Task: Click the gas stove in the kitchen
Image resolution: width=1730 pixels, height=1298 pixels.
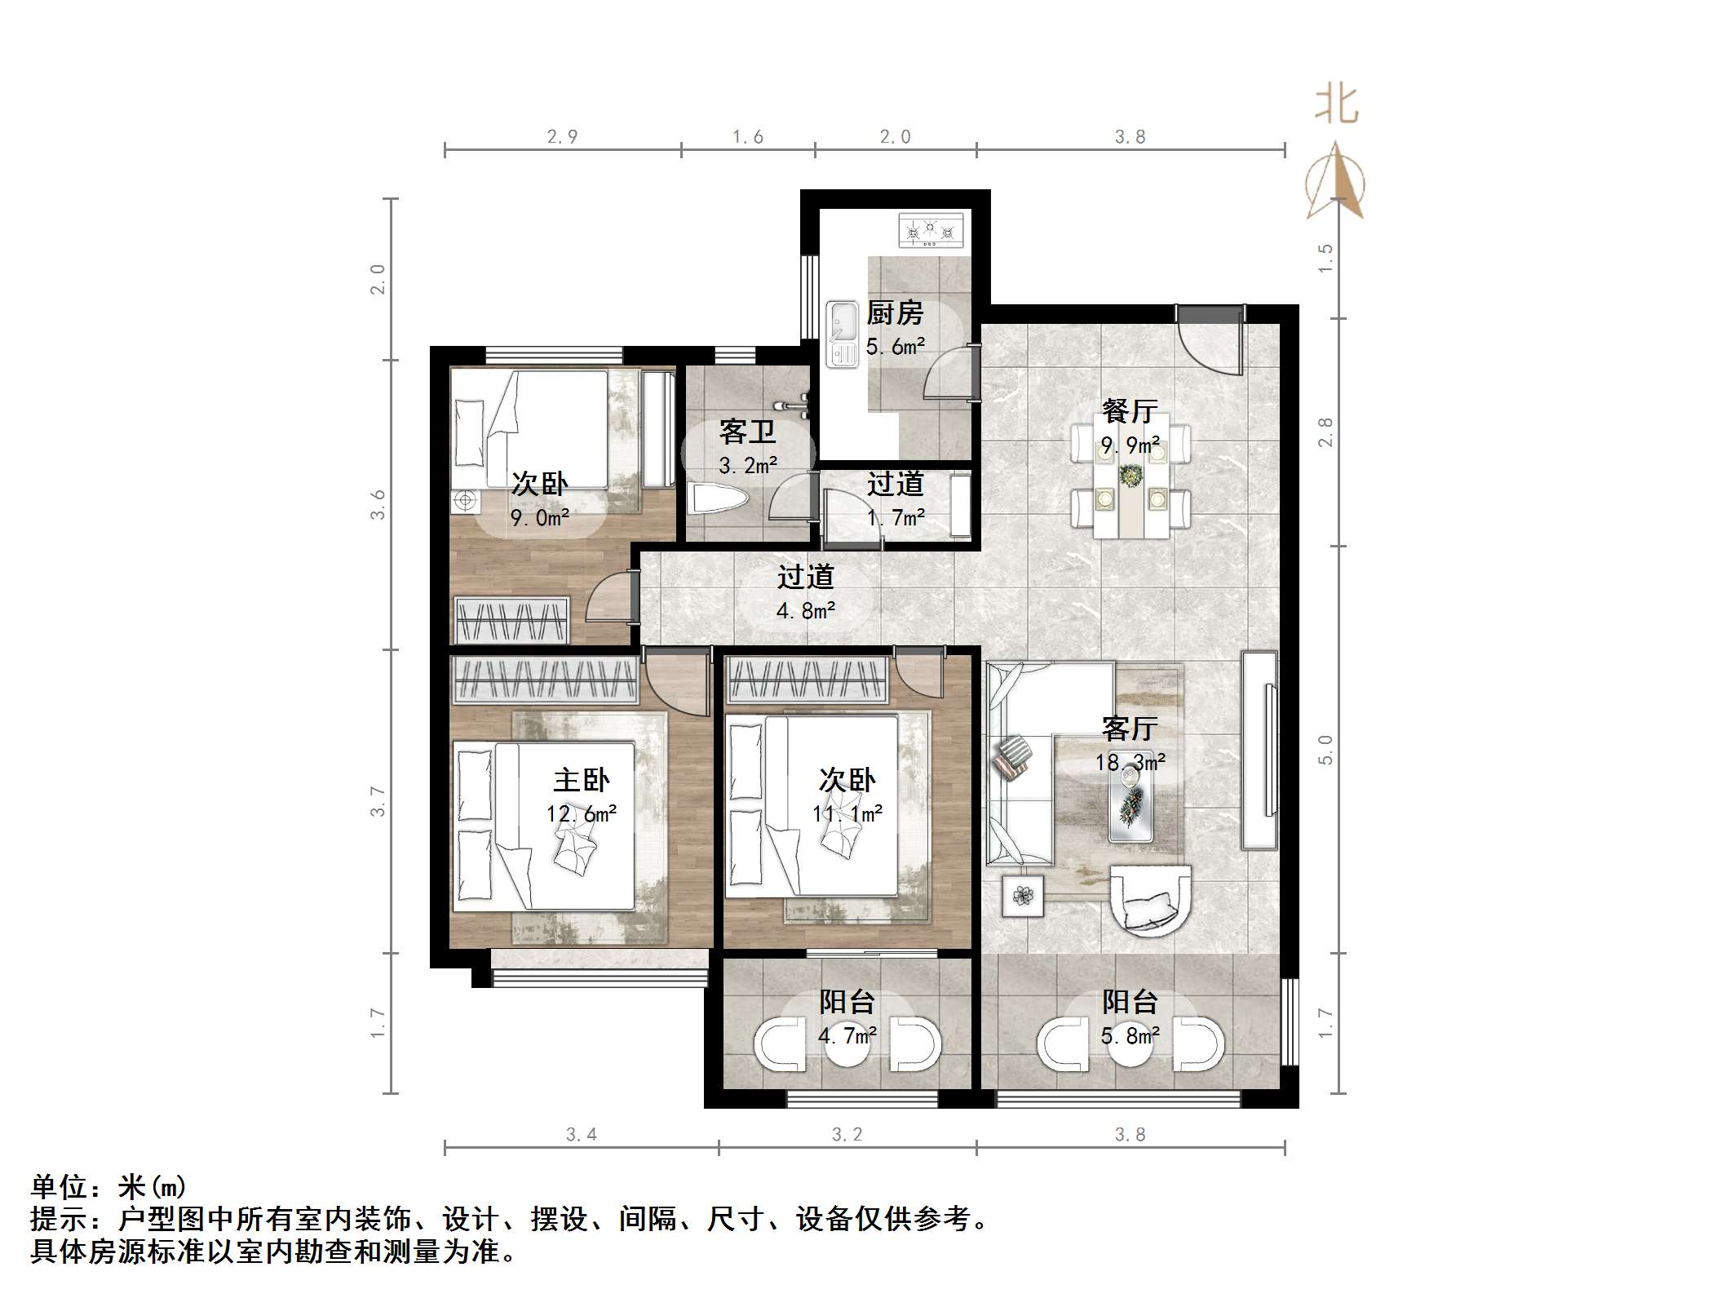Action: coord(931,231)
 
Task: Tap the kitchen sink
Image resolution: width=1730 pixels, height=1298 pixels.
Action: coord(842,334)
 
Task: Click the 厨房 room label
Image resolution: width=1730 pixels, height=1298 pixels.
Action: coord(895,313)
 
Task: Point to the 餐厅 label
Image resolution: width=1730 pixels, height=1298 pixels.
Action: coord(1130,411)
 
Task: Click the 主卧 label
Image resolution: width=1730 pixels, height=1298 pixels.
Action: coord(582,781)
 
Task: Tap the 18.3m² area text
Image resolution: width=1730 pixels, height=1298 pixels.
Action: coord(1130,763)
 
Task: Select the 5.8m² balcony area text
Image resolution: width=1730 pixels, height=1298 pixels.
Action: coord(1130,1036)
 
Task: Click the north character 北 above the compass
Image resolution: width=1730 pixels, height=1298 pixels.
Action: coord(1336,105)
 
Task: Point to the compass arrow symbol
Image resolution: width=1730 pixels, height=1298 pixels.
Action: coord(1335,181)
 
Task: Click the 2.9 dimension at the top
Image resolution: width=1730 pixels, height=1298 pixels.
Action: coord(562,137)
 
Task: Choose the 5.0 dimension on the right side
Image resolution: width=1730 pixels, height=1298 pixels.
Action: coord(1326,749)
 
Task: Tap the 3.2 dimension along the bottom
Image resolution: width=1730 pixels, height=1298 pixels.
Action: coord(847,1135)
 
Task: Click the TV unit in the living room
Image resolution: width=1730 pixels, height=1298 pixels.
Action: coord(1259,751)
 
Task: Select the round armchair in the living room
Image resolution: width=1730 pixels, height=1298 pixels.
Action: coord(1151,898)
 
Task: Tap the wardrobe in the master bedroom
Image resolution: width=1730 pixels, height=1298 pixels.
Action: coord(545,680)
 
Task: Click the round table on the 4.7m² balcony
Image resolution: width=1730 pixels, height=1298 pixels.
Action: coord(847,1045)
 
